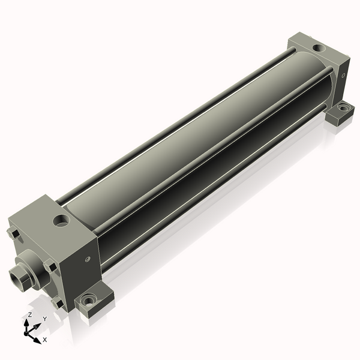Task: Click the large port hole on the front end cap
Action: [61, 221]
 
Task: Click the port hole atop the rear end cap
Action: [319, 48]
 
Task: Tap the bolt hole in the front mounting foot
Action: [88, 300]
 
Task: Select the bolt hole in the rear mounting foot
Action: [343, 107]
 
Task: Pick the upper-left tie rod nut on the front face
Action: [13, 234]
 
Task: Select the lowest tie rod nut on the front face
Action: [58, 303]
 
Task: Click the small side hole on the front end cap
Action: [87, 259]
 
